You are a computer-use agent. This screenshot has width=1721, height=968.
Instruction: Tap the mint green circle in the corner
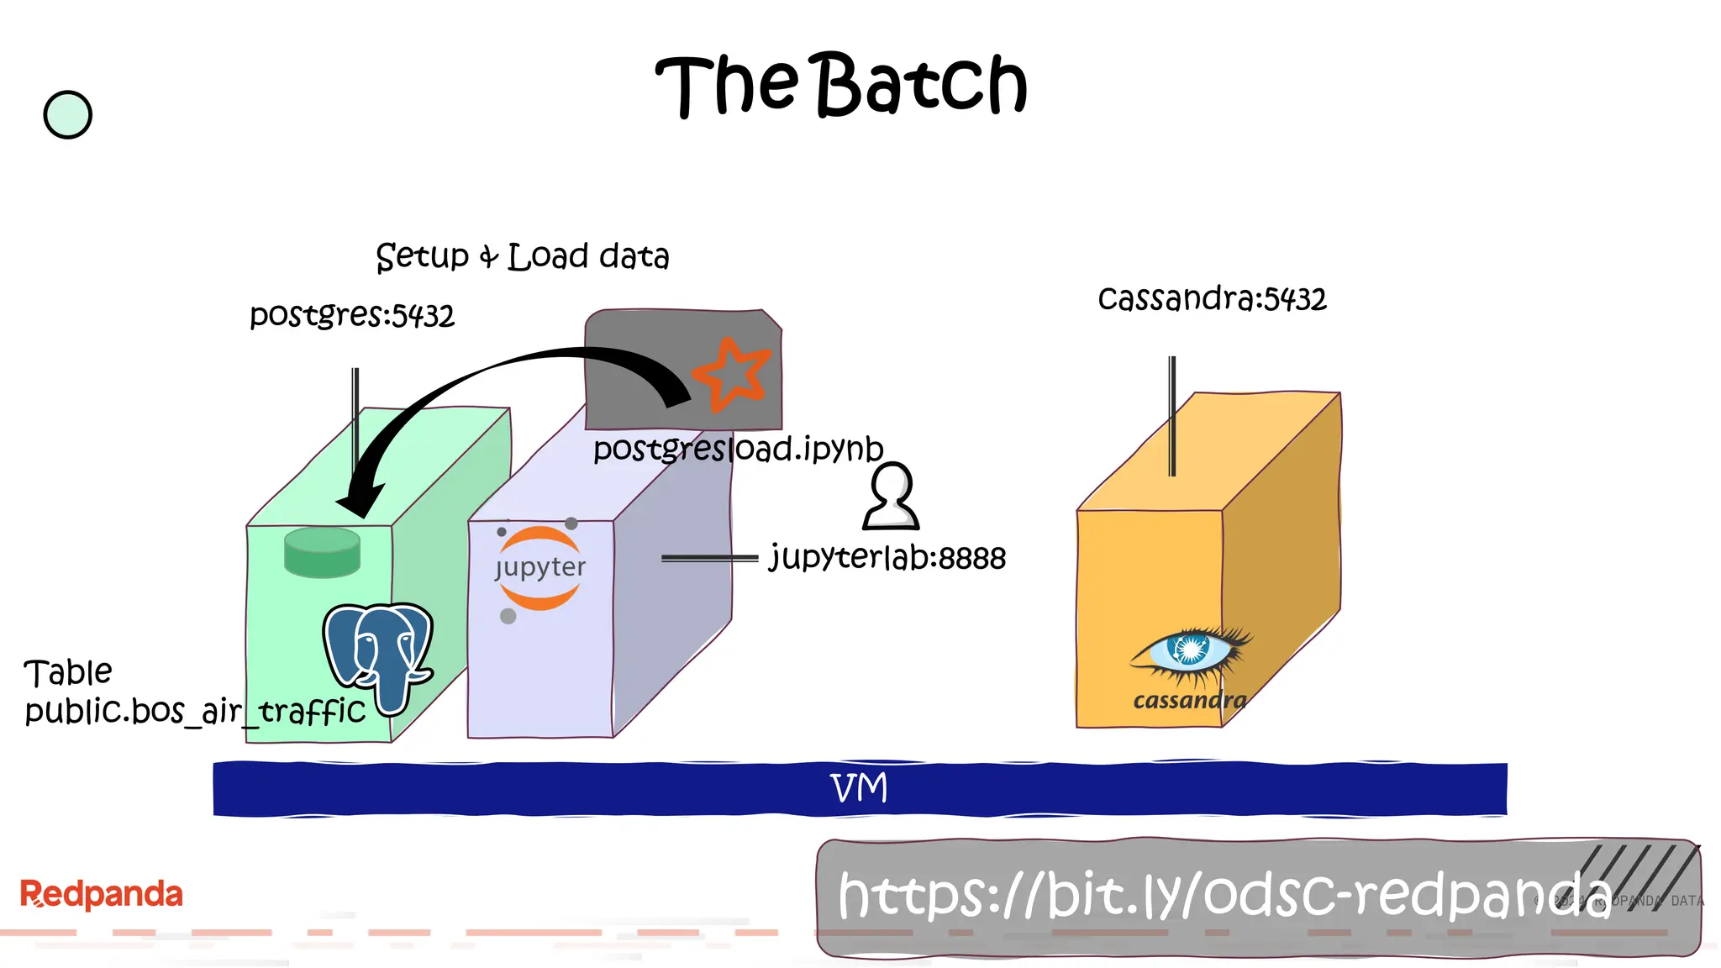pyautogui.click(x=67, y=115)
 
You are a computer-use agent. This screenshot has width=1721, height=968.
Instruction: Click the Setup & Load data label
pyautogui.click(x=522, y=256)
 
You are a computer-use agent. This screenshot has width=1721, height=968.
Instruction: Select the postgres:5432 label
pyautogui.click(x=351, y=316)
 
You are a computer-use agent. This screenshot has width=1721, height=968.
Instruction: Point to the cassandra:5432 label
pyautogui.click(x=1211, y=299)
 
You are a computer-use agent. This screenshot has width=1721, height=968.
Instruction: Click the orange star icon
pyautogui.click(x=730, y=375)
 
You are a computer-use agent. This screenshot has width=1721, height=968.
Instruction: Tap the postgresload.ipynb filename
pyautogui.click(x=738, y=449)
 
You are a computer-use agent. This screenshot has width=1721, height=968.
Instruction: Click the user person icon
pyautogui.click(x=891, y=497)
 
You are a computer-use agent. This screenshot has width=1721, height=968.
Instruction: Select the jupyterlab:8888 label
pyautogui.click(x=887, y=558)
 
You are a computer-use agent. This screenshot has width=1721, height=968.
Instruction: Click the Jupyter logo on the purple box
pyautogui.click(x=539, y=568)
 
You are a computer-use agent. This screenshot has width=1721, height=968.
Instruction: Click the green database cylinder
pyautogui.click(x=323, y=552)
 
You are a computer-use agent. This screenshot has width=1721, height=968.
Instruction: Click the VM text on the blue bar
pyautogui.click(x=858, y=788)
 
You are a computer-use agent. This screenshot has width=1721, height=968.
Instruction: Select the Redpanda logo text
pyautogui.click(x=101, y=894)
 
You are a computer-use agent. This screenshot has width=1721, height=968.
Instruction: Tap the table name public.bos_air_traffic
pyautogui.click(x=195, y=712)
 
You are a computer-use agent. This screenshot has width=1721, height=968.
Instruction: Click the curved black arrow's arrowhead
pyautogui.click(x=360, y=501)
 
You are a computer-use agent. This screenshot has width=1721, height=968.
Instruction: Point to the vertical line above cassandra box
pyautogui.click(x=1172, y=416)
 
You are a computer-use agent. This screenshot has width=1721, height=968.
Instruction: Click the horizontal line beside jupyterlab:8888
pyautogui.click(x=709, y=558)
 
